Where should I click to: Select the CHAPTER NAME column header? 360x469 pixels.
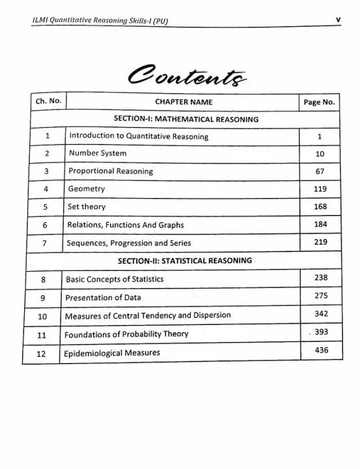pos(184,102)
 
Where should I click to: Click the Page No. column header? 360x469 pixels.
pos(319,102)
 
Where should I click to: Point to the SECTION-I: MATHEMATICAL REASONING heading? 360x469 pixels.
pos(186,119)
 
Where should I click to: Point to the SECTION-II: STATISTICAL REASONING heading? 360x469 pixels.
pos(184,261)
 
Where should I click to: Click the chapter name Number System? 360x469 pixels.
pos(97,154)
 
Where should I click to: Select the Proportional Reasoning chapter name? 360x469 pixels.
pos(110,171)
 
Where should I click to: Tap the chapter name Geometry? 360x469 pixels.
pos(86,189)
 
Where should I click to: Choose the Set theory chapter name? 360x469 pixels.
pos(87,206)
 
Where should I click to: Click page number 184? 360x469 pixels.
pos(320,224)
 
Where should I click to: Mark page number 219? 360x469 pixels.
pos(320,242)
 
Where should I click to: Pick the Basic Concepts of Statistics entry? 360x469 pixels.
pos(113,279)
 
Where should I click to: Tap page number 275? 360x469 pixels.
pos(320,296)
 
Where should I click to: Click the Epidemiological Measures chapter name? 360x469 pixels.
pos(111,353)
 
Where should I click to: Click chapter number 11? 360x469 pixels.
pos(42,335)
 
